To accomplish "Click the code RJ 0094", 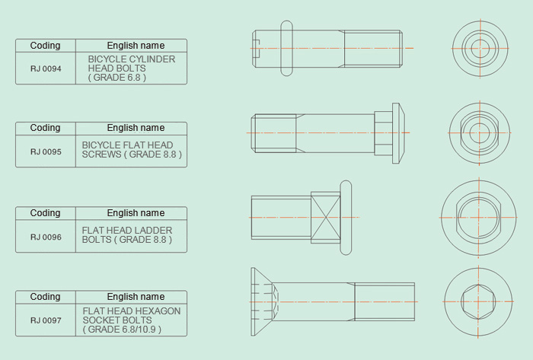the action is [x=46, y=68].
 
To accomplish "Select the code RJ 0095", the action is [x=46, y=151].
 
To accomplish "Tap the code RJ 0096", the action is [x=46, y=237].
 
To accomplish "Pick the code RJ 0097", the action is [x=46, y=320].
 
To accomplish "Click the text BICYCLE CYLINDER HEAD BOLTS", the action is [x=132, y=63].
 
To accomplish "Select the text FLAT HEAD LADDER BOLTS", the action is [x=127, y=234].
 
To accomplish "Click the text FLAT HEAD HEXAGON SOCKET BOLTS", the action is [x=132, y=316].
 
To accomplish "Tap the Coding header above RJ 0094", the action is [x=45, y=46].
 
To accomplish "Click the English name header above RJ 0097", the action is [x=136, y=297].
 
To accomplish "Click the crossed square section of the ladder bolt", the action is [x=326, y=218].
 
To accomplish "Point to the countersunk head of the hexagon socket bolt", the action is [x=262, y=301].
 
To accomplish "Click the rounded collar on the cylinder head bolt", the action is [x=286, y=48].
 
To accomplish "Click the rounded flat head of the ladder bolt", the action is [x=346, y=218].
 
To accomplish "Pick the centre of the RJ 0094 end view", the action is [x=480, y=48].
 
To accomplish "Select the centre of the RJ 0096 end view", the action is [x=479, y=218].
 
